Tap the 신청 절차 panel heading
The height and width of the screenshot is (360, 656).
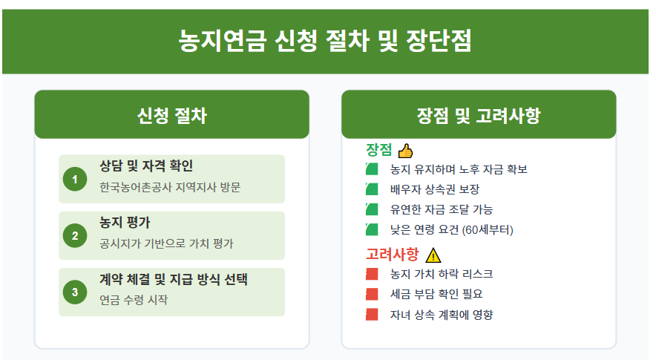[x=171, y=115]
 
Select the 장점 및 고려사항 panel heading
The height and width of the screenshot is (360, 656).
[x=479, y=115]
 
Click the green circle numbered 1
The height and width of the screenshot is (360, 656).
[x=75, y=180]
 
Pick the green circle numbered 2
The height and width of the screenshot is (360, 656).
[x=75, y=236]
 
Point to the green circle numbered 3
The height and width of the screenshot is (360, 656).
[x=75, y=292]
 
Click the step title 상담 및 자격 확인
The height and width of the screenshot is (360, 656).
[x=146, y=166]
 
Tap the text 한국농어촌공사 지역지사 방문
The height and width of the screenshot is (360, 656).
[x=170, y=187]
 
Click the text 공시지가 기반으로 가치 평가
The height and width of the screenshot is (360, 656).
[x=166, y=243]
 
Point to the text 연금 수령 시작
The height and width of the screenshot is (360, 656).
[x=134, y=300]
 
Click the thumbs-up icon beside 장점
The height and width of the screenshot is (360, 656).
[x=405, y=151]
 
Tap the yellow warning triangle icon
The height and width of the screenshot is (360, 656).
[x=433, y=255]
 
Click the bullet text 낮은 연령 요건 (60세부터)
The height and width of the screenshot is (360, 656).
[x=451, y=229]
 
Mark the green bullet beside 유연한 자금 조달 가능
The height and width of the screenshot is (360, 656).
[x=372, y=209]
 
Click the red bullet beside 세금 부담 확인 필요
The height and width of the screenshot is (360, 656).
[x=372, y=294]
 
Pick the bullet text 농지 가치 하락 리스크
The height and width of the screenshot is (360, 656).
[x=441, y=274]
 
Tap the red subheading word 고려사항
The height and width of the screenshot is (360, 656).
[x=393, y=254]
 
